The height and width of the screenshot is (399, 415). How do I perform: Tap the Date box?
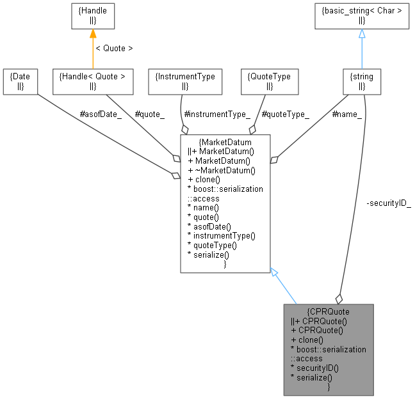point(20,81)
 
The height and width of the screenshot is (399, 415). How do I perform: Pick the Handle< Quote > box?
point(92,81)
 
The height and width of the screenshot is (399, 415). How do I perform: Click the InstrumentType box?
point(185,81)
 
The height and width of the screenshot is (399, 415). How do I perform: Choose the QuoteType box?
point(269,81)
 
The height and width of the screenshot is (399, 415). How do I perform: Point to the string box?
point(362,81)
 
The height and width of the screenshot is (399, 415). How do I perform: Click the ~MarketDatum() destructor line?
point(222,169)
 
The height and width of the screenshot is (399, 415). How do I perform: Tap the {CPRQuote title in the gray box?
point(329,311)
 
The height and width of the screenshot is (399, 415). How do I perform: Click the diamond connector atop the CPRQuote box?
point(339,299)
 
